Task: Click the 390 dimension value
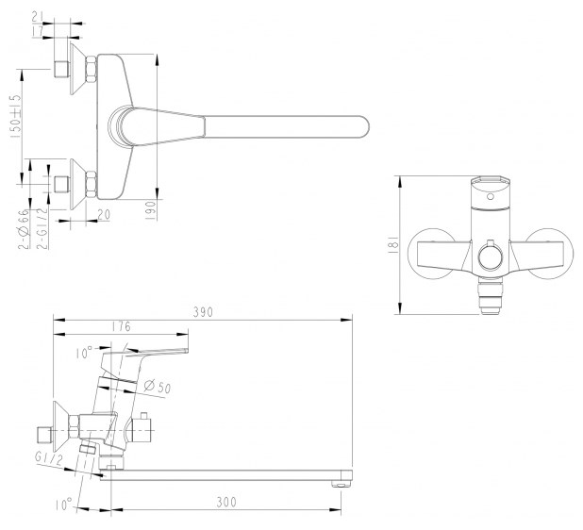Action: click(203, 312)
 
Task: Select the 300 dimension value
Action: click(226, 502)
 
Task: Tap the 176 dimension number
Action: click(121, 326)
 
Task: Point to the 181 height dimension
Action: click(395, 244)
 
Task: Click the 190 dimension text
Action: click(150, 210)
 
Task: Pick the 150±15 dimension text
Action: click(16, 117)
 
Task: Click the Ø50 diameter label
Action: click(158, 387)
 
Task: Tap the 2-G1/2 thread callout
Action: click(43, 227)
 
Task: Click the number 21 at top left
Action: click(38, 17)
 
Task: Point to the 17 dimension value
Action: click(38, 31)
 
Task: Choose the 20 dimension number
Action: click(104, 214)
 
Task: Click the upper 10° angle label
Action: click(84, 353)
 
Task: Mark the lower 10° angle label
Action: click(64, 505)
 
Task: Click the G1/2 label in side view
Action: click(48, 459)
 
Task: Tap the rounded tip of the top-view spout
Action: click(366, 127)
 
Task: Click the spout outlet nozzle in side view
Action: click(341, 484)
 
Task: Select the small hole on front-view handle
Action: click(491, 196)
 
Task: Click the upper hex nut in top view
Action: click(92, 69)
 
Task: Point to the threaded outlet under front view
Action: click(490, 296)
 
